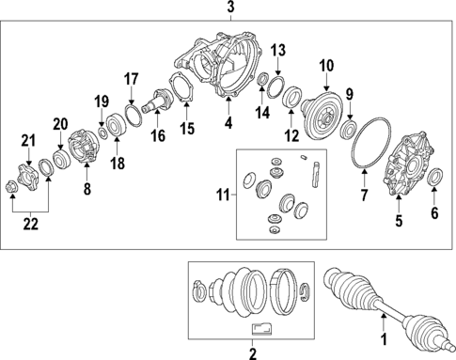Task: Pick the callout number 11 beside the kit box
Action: click(x=222, y=196)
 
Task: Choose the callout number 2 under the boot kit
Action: click(x=251, y=353)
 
